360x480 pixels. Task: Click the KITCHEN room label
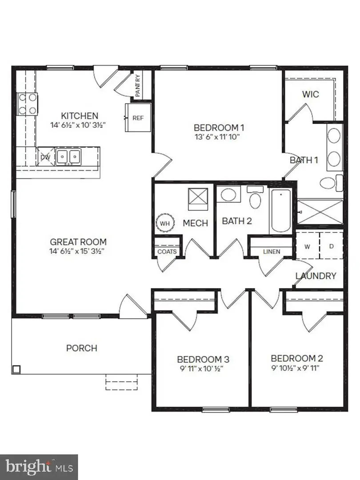tap(80, 116)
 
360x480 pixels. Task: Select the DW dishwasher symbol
tap(45, 157)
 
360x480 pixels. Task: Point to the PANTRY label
tap(137, 86)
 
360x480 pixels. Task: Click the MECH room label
tap(195, 223)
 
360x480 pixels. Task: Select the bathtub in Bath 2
tap(280, 210)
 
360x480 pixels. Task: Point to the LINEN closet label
tap(272, 252)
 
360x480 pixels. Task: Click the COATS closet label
tap(167, 252)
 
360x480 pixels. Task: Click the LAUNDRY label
tap(316, 276)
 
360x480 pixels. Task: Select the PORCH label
tap(81, 348)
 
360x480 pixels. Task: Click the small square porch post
tap(16, 369)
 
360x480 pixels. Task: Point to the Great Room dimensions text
tap(78, 252)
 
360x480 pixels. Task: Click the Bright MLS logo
tap(39, 467)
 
